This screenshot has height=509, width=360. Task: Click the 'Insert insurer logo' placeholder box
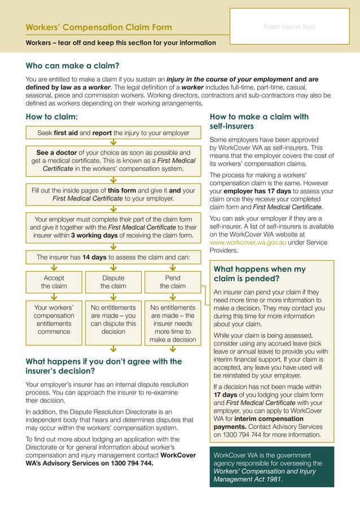(289, 27)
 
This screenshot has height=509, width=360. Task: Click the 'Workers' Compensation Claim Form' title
(99, 28)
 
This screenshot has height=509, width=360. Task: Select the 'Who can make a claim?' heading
(72, 65)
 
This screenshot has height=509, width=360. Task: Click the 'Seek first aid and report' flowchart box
(113, 133)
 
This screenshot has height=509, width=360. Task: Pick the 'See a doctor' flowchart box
(113, 160)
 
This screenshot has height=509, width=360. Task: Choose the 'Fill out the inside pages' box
(113, 195)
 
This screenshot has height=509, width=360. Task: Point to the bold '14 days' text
(94, 257)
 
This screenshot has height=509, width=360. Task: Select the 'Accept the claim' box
(54, 282)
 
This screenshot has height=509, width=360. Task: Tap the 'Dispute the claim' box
(113, 282)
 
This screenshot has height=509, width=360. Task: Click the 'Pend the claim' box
(173, 282)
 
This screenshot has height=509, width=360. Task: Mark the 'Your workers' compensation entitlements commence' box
(54, 320)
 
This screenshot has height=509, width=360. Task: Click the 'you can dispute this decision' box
(113, 320)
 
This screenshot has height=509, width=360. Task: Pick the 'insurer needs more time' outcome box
(173, 324)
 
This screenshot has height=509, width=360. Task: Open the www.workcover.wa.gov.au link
(248, 242)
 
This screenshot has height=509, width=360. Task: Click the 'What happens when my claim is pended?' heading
(260, 274)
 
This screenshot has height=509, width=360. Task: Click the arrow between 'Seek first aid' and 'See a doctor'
(113, 143)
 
